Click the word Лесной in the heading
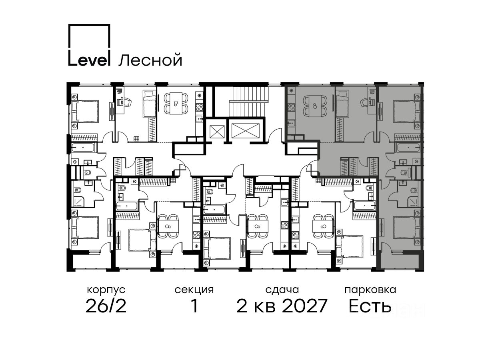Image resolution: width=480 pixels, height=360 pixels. (x=150, y=60)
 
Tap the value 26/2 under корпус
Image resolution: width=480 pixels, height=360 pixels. (x=106, y=306)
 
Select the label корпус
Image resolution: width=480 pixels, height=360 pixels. (x=106, y=290)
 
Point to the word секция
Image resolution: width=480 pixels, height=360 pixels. (x=194, y=290)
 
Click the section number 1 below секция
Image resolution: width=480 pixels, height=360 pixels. (x=194, y=306)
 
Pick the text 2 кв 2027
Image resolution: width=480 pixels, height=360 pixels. (x=282, y=306)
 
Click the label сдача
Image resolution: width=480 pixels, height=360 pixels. (x=282, y=290)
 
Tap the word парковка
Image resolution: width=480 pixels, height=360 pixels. (x=370, y=290)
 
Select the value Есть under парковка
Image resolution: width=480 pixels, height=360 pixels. (x=370, y=306)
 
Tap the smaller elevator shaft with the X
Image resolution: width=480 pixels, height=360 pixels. (x=217, y=132)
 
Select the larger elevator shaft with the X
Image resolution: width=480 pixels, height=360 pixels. (x=245, y=131)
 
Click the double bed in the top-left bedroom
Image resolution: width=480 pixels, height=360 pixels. (x=85, y=112)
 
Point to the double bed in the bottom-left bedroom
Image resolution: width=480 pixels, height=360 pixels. (x=85, y=228)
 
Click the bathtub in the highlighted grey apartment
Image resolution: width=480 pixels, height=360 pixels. (x=408, y=148)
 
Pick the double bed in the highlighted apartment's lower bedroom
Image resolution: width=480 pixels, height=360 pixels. (x=407, y=227)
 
